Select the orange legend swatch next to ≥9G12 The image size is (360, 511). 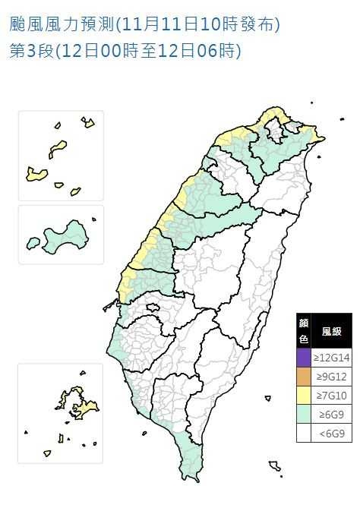(x=304, y=375)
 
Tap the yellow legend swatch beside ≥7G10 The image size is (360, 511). (x=304, y=395)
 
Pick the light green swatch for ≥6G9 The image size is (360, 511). (x=304, y=415)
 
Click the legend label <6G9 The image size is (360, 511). (x=332, y=434)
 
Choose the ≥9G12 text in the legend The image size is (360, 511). (x=332, y=375)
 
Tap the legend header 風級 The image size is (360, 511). (x=332, y=331)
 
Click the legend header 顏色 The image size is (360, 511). (x=304, y=331)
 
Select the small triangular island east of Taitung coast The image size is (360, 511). (x=267, y=397)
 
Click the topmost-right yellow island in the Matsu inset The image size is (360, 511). (x=88, y=121)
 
